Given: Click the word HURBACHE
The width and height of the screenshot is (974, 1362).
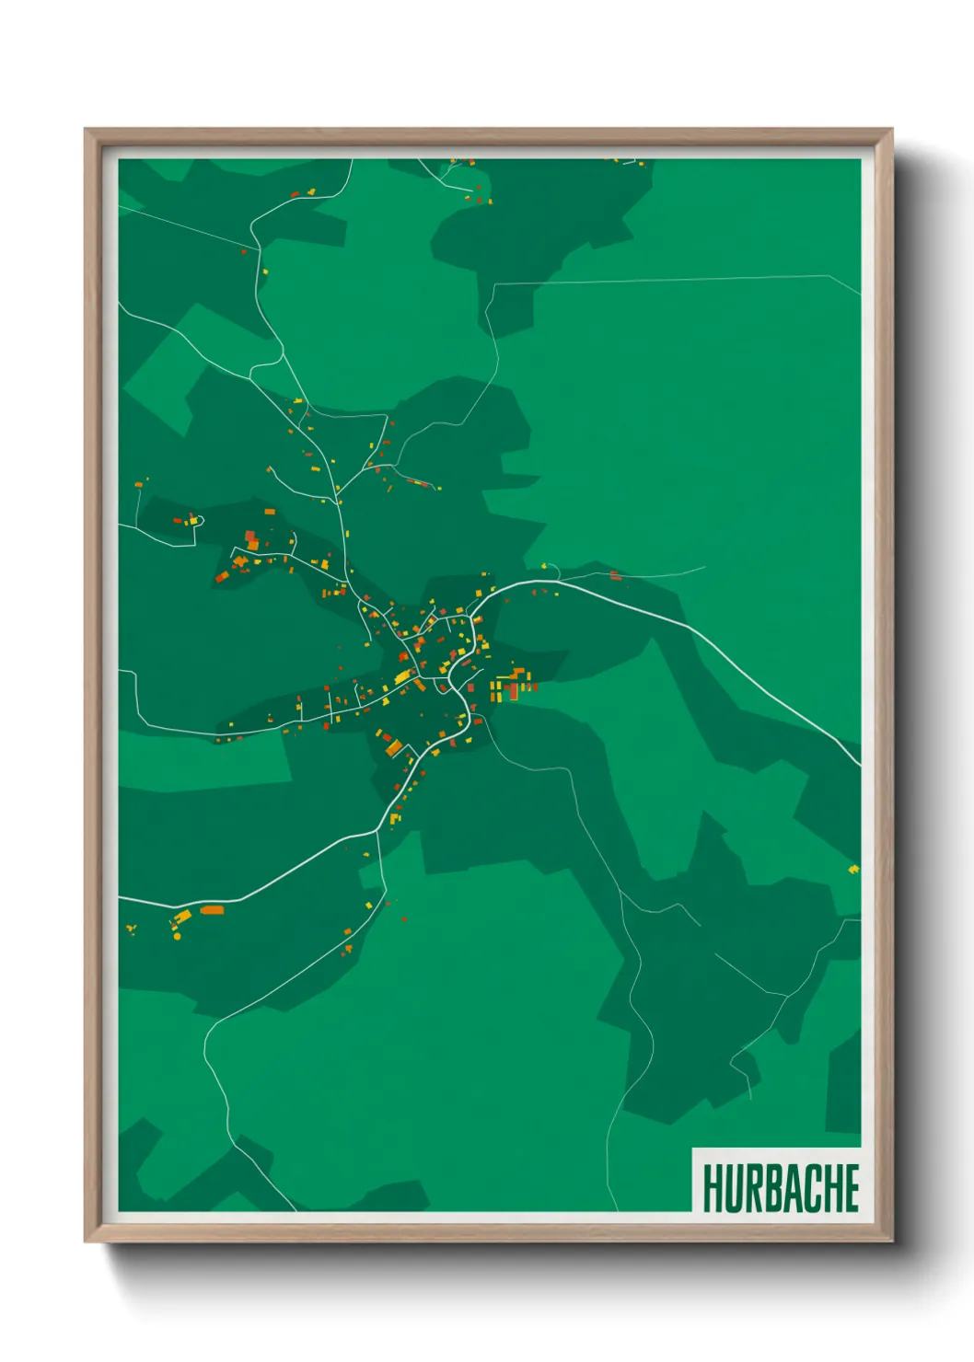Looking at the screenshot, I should [x=781, y=1188].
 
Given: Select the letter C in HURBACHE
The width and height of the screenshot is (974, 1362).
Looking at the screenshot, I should [x=810, y=1188].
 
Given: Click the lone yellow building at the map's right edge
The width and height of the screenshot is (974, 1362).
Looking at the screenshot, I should [x=853, y=868].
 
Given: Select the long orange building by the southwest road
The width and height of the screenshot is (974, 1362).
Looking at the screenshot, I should [x=212, y=910].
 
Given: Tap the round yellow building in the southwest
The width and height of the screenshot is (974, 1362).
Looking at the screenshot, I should [x=177, y=937].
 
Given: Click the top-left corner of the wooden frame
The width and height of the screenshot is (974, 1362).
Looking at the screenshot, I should [x=86, y=130].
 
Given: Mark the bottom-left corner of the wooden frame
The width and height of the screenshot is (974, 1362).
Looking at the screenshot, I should [x=86, y=1241].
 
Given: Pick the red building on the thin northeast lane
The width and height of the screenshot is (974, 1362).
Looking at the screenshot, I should [x=615, y=576].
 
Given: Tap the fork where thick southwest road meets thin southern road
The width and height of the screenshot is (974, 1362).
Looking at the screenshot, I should [x=378, y=831].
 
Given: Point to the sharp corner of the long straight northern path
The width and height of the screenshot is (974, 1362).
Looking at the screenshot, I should [x=495, y=285].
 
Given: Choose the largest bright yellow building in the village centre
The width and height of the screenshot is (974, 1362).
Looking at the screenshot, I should [x=402, y=678].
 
